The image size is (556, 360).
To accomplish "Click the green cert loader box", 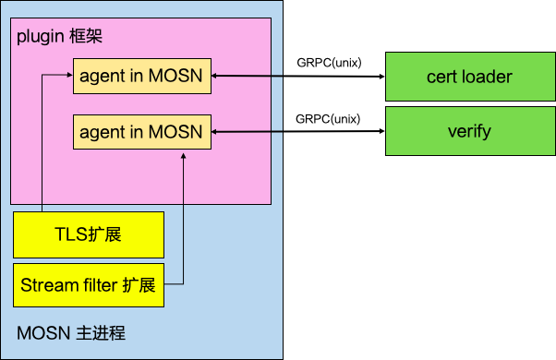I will [469, 77].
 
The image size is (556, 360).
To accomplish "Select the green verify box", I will [469, 131].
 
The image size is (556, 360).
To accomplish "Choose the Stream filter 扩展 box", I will [89, 285].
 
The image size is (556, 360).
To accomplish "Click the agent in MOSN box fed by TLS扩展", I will [141, 75].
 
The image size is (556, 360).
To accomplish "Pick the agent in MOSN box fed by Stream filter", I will [141, 133].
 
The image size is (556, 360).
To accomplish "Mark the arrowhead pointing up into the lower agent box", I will [183, 157].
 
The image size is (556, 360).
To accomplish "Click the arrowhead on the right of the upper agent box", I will [216, 76].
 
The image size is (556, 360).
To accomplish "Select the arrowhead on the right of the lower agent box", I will [216, 133].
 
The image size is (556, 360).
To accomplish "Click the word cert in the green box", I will [442, 77].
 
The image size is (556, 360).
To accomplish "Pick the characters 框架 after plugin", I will [89, 38].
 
